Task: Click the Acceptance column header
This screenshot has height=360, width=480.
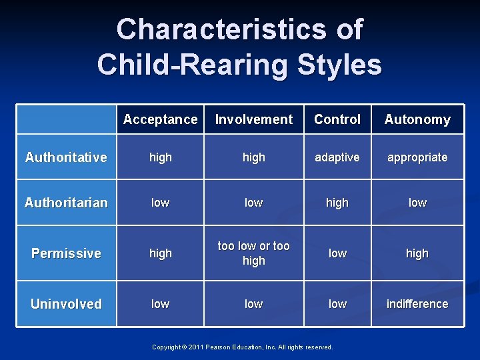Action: point(160,120)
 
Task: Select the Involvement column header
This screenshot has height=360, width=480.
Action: point(253,120)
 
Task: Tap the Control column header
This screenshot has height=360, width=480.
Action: point(337,120)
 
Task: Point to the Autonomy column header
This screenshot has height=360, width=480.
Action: point(417,120)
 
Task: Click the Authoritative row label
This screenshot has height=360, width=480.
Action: point(66,157)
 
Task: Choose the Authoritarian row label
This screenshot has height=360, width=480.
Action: point(66,203)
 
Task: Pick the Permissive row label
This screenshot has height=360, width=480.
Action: point(66,253)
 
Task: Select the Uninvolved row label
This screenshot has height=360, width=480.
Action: point(66,304)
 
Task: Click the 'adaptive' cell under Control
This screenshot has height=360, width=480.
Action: point(337,157)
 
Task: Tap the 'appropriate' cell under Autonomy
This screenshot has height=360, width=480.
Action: point(417,157)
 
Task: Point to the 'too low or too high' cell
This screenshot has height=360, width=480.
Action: point(253,253)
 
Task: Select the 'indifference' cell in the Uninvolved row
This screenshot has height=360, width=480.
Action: point(417,304)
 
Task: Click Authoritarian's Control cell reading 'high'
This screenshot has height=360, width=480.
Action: point(337,203)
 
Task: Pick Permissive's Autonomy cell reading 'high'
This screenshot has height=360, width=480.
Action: point(417,253)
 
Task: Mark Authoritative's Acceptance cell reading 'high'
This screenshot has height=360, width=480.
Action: point(160,157)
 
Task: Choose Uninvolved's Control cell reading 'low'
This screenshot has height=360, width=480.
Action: point(337,304)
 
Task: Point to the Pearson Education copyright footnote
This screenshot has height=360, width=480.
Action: point(242,347)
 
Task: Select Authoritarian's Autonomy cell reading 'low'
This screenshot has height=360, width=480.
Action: point(417,203)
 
